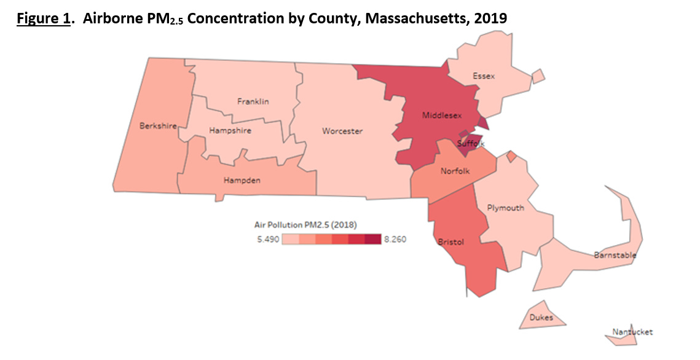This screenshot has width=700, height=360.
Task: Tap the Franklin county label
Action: [253, 101]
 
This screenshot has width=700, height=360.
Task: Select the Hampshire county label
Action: [230, 131]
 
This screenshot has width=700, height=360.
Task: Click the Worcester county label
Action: [342, 131]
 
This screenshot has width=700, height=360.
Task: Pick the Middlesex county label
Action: [442, 115]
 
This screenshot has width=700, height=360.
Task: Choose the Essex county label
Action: [484, 76]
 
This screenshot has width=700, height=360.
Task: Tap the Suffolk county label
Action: [471, 144]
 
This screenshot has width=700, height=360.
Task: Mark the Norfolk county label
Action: [455, 171]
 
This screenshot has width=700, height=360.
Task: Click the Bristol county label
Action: [450, 242]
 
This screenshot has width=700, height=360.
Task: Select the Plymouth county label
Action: [505, 208]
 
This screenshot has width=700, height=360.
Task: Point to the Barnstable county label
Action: [615, 255]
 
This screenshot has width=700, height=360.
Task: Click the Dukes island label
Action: [541, 318]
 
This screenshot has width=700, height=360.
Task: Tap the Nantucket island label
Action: [632, 332]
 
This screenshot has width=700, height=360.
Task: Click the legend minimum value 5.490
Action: [268, 240]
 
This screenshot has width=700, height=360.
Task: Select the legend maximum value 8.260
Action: [395, 240]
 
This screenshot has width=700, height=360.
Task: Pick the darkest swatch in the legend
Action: [373, 240]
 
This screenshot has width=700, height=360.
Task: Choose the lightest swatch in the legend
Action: [291, 240]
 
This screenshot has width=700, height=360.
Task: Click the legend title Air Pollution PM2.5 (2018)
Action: [305, 224]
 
